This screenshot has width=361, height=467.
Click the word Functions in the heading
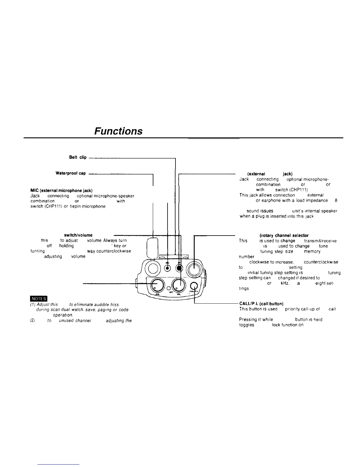point(118,131)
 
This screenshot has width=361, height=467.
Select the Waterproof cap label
point(70,173)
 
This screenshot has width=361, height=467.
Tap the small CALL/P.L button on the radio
point(194,285)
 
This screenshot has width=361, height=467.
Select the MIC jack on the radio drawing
point(168,268)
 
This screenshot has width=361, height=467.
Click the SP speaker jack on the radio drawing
point(179,268)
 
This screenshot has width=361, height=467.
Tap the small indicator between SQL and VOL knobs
point(168,288)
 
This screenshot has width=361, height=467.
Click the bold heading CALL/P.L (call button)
point(262,304)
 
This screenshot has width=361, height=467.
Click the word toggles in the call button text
point(247,325)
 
